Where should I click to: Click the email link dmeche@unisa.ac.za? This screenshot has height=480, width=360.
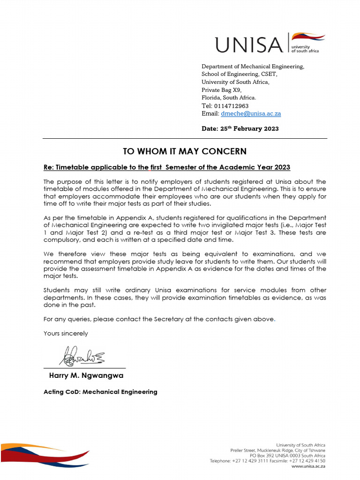[x=251, y=113]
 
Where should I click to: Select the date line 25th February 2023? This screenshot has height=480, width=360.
[x=240, y=128]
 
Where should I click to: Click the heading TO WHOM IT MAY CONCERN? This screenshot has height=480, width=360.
[x=185, y=151]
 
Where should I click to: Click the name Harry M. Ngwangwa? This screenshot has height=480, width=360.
[x=86, y=375]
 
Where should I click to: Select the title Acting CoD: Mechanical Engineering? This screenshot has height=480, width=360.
[x=100, y=391]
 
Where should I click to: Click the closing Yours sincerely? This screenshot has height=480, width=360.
[x=66, y=333]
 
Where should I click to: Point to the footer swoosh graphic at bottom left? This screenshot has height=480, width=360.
[x=45, y=454]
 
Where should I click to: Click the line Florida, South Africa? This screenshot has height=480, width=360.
[x=229, y=97]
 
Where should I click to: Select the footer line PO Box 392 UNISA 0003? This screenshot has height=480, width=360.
[x=287, y=456]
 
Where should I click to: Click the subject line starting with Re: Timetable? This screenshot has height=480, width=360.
[x=167, y=167]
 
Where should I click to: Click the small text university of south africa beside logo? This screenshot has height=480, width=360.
[x=305, y=49]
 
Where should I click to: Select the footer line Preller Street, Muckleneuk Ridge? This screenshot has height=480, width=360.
[x=277, y=450]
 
